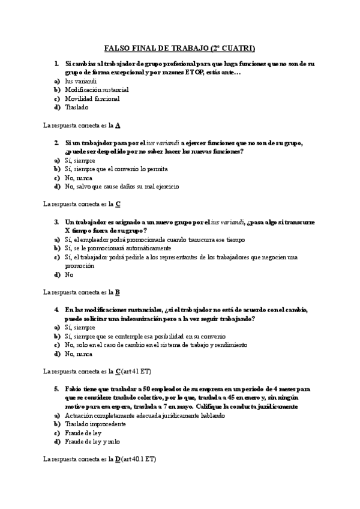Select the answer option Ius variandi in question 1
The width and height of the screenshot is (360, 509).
coord(81,81)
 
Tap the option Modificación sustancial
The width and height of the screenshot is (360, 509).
coord(97,89)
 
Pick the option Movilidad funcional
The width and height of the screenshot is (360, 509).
coord(92,98)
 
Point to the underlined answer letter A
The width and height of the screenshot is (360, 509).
coord(118,125)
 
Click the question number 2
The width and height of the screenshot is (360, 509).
coord(56,143)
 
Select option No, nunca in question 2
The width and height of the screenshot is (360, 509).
coord(79,178)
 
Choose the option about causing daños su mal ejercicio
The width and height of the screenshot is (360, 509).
coord(121,187)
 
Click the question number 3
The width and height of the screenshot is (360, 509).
coord(56,222)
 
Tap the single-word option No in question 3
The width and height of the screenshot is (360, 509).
coord(69,274)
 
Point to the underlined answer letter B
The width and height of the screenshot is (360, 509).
coord(118,292)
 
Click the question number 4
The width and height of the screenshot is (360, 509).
coord(56,310)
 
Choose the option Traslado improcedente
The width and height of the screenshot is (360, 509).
coord(95,424)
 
